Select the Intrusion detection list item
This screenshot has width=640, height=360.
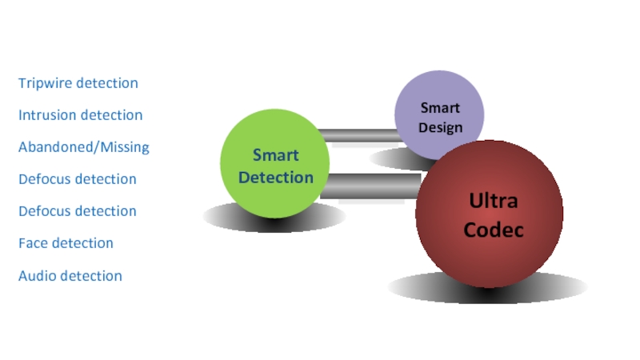pos(80,115)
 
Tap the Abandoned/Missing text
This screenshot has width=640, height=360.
pos(83,147)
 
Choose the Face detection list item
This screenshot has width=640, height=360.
pos(66,243)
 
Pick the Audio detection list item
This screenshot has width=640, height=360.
pos(70,276)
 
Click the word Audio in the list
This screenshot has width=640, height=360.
pos(38,276)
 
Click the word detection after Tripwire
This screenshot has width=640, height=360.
pos(106,83)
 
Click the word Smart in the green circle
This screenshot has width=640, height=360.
pos(275,155)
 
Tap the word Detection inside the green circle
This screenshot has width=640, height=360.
pos(275,177)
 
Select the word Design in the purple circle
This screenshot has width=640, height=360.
pos(440,128)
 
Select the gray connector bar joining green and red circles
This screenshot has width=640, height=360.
pos(368,186)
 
